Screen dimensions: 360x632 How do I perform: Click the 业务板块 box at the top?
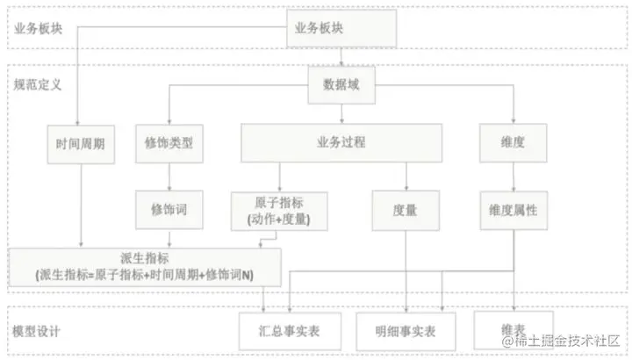pos(342,28)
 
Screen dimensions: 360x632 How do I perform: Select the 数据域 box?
pos(341,85)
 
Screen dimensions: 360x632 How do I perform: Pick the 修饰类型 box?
pos(170,143)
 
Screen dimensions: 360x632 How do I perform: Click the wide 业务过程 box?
pos(341,142)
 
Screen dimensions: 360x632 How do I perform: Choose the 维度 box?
pos(513,142)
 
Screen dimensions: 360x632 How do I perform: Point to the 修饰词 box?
pos(170,211)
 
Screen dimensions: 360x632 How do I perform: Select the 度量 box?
pos(405,211)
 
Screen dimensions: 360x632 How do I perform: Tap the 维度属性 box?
pos(513,211)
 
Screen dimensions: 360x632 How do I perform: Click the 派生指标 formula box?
pos(145,266)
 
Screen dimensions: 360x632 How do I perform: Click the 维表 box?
pos(513,328)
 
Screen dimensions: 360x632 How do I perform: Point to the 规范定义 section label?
pos(39,85)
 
